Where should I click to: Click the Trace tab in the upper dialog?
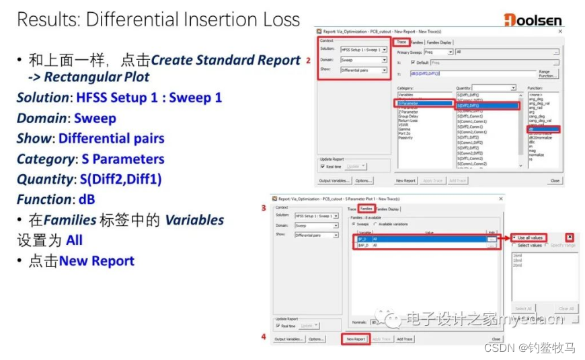coord(401,42)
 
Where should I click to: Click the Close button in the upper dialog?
coord(555,181)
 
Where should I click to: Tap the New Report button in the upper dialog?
coord(405,181)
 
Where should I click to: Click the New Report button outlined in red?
coord(356,339)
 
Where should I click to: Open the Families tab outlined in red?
coord(366,209)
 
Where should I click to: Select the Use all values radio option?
coord(529,238)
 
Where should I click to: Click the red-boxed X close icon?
coord(569,238)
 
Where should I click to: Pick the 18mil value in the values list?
coord(518,261)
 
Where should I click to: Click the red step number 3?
coord(264,209)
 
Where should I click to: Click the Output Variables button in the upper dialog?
coord(334,181)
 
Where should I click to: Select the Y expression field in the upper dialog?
coord(471,73)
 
